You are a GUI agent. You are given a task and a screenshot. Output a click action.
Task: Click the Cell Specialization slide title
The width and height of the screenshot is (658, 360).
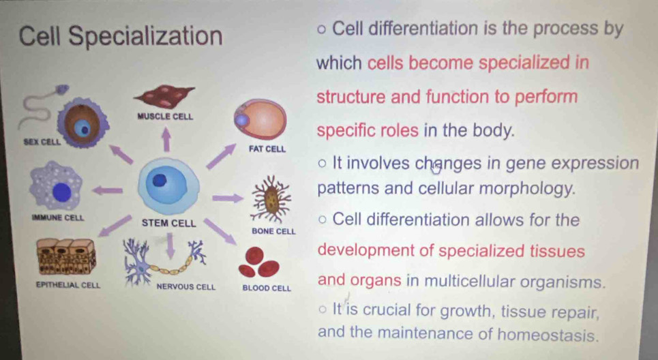pos(121,37)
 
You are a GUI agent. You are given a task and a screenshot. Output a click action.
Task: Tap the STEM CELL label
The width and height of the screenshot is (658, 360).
pos(168,223)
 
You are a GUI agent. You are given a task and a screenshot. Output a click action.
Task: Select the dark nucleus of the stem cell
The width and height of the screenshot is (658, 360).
pos(160,180)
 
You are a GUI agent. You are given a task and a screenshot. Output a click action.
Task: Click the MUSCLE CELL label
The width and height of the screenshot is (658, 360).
pos(165,116)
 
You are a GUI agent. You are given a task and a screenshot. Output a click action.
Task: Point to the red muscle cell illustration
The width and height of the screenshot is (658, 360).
pos(164,96)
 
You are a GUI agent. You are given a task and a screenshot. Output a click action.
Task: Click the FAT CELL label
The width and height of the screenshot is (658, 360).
pos(267,149)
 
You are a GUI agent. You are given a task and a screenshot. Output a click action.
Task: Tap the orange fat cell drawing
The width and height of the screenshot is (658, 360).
pos(260,119)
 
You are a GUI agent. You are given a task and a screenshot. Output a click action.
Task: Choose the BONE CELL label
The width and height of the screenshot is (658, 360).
pos(273,231)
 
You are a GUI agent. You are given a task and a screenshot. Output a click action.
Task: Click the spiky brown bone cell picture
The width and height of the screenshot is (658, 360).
pos(271,198)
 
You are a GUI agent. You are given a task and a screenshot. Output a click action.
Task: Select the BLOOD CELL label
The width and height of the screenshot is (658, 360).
pos(267,288)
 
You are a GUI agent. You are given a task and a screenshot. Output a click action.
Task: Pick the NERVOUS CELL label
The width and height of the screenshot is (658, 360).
pos(186,287)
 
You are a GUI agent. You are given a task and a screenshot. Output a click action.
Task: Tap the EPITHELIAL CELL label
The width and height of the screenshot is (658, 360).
pos(68,285)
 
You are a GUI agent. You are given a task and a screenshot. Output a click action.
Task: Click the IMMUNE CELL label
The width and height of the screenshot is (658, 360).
pos(58,217)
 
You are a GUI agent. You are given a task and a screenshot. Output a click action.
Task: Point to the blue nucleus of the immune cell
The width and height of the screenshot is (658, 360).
pos(62,192)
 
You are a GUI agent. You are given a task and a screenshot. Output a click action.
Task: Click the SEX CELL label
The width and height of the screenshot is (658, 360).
pos(42,142)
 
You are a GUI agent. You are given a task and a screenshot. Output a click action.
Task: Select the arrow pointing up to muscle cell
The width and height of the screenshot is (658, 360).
pos(166,139)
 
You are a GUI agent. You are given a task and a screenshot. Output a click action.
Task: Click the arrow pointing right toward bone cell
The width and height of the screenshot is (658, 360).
pos(228,198)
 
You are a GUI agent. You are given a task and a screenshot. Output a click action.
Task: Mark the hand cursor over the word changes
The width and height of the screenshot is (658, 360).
pos(436,168)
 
